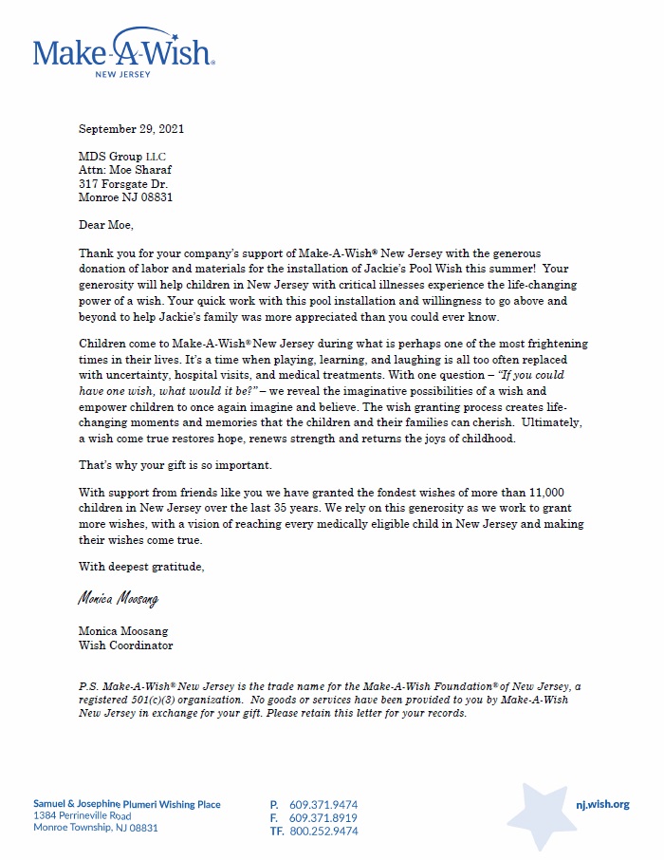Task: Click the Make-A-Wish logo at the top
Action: [x=124, y=52]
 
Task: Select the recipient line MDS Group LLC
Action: [x=127, y=157]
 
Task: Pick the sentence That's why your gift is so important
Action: [x=175, y=467]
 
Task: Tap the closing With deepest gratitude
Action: [x=141, y=566]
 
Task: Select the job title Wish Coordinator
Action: [x=125, y=645]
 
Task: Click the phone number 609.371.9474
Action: [x=323, y=805]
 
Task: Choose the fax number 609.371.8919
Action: [x=323, y=817]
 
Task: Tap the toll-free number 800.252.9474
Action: [x=323, y=831]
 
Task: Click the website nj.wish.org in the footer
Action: [x=602, y=804]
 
